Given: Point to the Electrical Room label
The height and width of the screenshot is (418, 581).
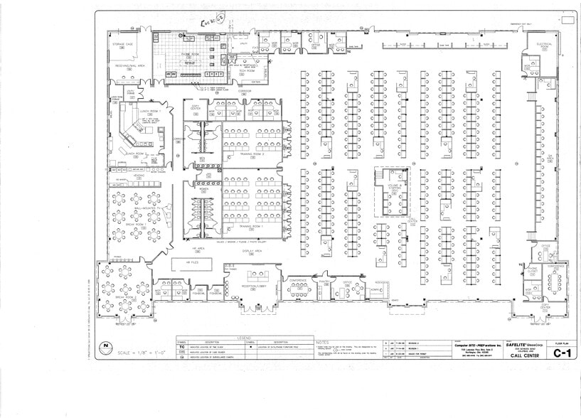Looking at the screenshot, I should coord(543,45).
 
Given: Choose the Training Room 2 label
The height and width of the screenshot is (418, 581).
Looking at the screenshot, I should coord(252,153).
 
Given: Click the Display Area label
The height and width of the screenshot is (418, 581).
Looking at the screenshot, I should coord(252,251).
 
